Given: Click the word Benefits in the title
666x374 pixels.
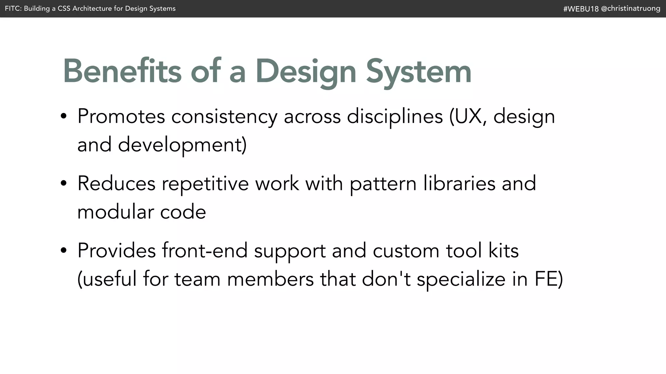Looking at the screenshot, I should click(122, 71).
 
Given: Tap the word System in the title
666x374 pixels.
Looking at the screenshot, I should click(419, 72).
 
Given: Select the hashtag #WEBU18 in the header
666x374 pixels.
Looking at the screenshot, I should click(581, 9).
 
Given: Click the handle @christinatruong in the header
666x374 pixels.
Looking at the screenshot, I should click(631, 8).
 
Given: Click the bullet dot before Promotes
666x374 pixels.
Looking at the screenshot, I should click(64, 116).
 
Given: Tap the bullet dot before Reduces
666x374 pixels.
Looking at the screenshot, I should click(64, 183).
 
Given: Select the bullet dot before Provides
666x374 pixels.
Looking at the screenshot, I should click(64, 250).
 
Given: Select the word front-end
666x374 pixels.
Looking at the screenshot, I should click(205, 250).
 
